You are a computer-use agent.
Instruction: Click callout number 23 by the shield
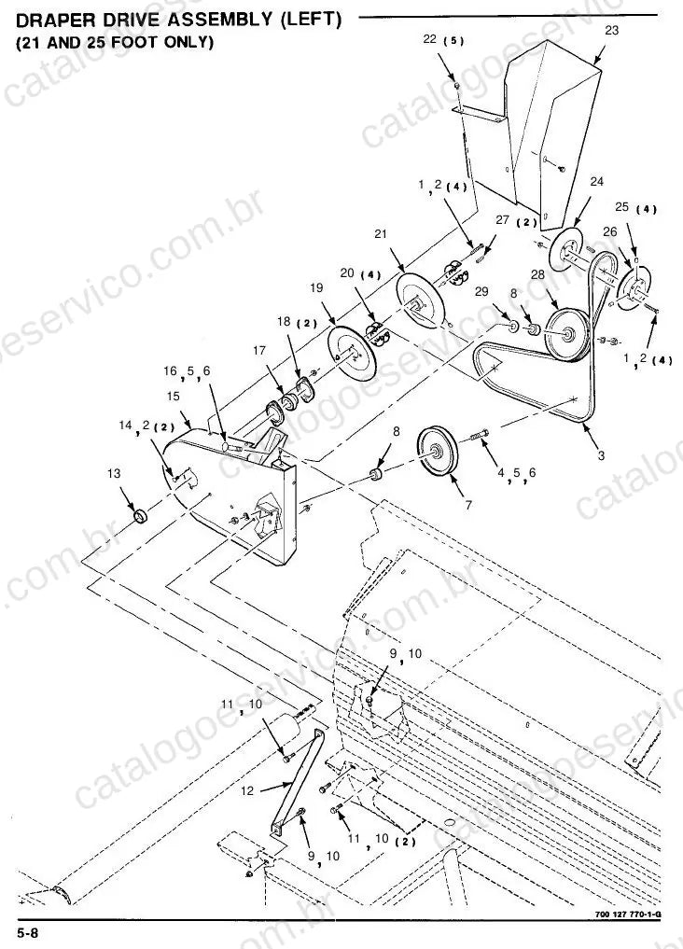point(611,30)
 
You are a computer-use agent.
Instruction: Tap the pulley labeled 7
point(438,453)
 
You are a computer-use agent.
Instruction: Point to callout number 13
point(114,473)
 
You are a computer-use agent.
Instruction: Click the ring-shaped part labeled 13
point(141,517)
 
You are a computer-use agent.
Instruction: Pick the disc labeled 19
point(352,354)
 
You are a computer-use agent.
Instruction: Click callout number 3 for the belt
point(601,455)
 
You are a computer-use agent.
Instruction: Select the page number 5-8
point(28,932)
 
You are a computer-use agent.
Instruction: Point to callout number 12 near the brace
point(247,790)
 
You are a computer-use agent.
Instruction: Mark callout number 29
point(481,292)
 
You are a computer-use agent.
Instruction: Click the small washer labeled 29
point(512,328)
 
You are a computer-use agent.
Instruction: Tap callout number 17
point(259,350)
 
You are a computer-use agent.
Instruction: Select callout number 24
point(596,182)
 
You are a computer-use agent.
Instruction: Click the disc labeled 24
point(566,249)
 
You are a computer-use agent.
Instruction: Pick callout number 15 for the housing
point(174,397)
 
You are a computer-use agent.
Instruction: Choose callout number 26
point(610,231)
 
